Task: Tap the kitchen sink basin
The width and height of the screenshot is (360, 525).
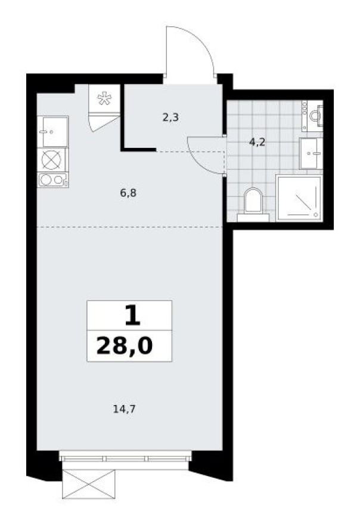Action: (x=52, y=131)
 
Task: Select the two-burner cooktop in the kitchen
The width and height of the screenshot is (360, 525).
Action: (x=52, y=180)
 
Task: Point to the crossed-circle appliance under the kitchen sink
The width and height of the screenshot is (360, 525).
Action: (x=52, y=159)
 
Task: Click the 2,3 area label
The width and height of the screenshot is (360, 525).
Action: (x=170, y=118)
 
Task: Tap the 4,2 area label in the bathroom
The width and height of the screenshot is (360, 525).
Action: (x=257, y=143)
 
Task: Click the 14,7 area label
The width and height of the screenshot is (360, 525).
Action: (x=121, y=409)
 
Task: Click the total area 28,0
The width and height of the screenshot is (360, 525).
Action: (x=129, y=345)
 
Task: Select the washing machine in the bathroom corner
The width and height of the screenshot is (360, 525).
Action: (x=312, y=115)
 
